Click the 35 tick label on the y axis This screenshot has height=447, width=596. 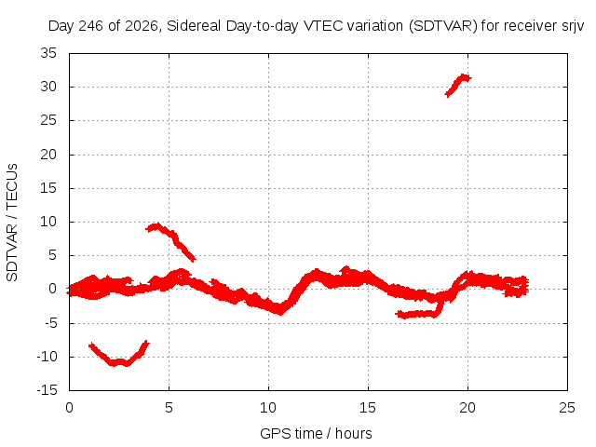[x=48, y=53]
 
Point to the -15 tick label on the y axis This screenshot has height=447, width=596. [x=47, y=390]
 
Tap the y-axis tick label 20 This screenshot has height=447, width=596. [x=48, y=155]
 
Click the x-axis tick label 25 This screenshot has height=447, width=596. [x=567, y=408]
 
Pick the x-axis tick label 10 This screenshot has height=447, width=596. [x=268, y=408]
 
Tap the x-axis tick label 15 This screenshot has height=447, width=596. [x=368, y=408]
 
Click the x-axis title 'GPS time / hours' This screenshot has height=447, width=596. [x=316, y=433]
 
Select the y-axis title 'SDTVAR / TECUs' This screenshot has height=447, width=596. [x=12, y=223]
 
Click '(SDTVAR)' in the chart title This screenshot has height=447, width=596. [x=443, y=26]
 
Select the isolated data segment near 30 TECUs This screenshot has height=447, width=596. [x=457, y=85]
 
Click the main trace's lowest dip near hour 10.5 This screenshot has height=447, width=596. [x=280, y=310]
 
